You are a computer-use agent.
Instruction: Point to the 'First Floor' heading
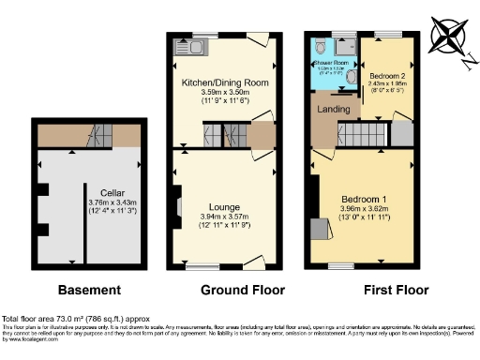[x=384, y=290]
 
